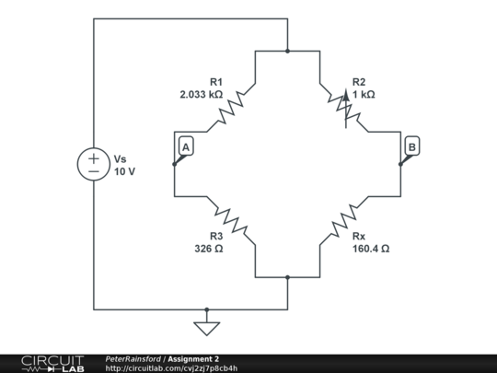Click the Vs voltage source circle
[94, 165]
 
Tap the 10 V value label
[125, 171]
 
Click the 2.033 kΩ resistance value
[202, 94]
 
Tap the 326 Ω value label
[209, 248]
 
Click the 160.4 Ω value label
[370, 248]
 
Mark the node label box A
[185, 147]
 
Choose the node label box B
[411, 147]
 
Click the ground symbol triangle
[207, 327]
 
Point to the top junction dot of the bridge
[287, 52]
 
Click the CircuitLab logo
[52, 363]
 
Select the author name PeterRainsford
[133, 358]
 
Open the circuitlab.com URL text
[171, 368]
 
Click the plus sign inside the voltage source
[94, 157]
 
